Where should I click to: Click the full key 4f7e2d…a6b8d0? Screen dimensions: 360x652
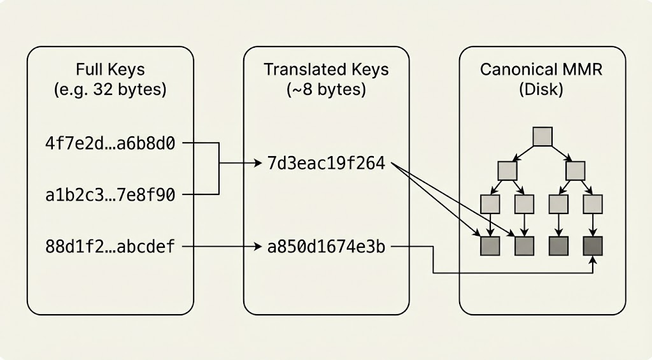pyautogui.click(x=110, y=143)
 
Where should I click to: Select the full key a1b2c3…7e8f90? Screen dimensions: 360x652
pyautogui.click(x=110, y=193)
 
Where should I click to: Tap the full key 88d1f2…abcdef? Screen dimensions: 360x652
pyautogui.click(x=110, y=245)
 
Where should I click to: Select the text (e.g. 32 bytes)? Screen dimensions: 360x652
pyautogui.click(x=110, y=89)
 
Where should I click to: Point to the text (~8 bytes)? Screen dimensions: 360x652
pyautogui.click(x=326, y=89)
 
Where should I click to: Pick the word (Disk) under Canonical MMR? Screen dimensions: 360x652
pyautogui.click(x=542, y=89)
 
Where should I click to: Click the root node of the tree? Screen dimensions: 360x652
pyautogui.click(x=542, y=136)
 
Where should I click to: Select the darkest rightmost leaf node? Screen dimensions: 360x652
pyautogui.click(x=593, y=245)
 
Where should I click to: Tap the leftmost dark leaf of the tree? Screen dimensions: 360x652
pyautogui.click(x=490, y=245)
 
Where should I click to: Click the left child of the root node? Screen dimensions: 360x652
pyautogui.click(x=507, y=170)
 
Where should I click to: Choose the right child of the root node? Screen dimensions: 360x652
pyautogui.click(x=576, y=170)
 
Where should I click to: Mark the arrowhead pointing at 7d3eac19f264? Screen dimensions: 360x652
pyautogui.click(x=258, y=164)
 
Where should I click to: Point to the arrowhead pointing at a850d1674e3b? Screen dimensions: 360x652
pyautogui.click(x=258, y=245)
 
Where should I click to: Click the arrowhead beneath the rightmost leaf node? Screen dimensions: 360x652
pyautogui.click(x=593, y=260)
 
